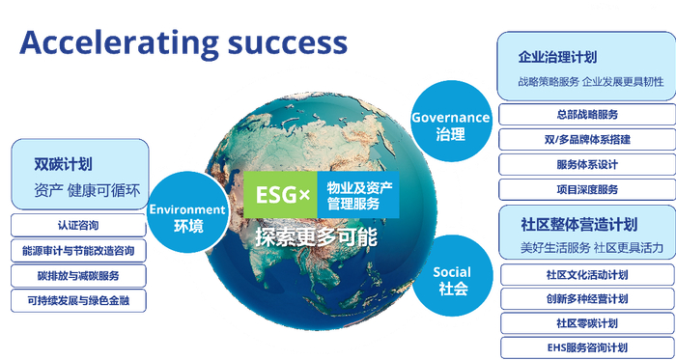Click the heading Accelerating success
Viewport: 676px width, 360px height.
(183, 42)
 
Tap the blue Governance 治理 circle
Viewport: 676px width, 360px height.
(450, 125)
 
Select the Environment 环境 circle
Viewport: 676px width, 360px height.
(188, 217)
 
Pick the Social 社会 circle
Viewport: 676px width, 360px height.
(451, 280)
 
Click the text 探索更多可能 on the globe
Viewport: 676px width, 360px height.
(317, 236)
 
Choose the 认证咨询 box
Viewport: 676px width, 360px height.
(79, 225)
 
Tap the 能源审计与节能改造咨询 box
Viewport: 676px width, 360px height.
(79, 250)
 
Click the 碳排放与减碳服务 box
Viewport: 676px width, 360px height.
(79, 275)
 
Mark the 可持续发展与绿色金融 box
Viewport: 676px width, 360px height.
(79, 300)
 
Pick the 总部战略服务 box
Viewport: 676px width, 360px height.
(586, 114)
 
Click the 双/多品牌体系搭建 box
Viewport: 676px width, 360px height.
(586, 139)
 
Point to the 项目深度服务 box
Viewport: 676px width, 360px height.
(586, 189)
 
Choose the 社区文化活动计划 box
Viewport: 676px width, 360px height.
(586, 274)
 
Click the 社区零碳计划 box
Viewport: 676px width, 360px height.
(586, 322)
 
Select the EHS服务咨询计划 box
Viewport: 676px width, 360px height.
(586, 347)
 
